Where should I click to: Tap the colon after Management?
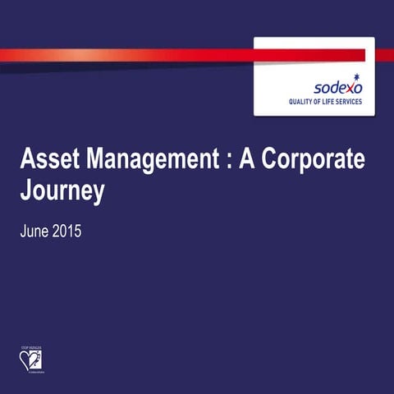coord(224,162)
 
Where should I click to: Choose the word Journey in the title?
coord(62,191)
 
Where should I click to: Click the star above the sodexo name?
coord(356,78)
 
